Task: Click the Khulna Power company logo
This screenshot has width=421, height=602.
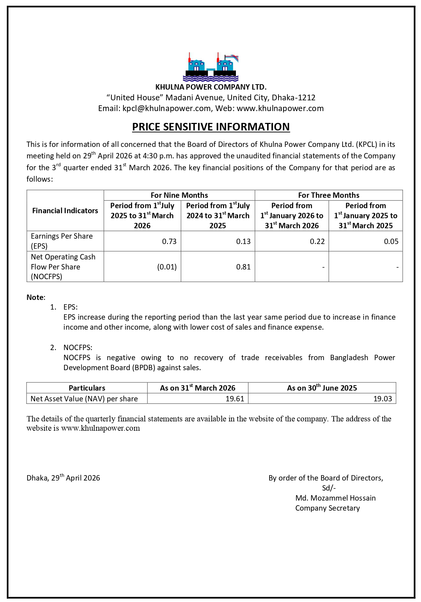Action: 210,67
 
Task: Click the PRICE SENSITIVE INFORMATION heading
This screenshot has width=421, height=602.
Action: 211,127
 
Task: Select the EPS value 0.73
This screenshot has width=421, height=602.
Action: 169,242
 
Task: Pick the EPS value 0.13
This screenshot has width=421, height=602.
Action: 243,242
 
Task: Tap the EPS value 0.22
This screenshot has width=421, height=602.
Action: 317,242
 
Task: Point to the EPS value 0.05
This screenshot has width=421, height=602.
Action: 391,242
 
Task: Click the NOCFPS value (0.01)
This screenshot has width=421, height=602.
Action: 167,267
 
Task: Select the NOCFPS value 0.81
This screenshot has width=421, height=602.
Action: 243,267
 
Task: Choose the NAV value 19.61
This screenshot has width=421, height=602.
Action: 235,399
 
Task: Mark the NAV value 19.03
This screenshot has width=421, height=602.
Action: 383,399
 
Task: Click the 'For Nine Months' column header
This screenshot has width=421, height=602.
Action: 179,195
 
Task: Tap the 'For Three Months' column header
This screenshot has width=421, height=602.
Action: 329,195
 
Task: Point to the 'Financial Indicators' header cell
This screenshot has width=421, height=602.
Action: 65,211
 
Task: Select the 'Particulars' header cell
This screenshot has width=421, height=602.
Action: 87,388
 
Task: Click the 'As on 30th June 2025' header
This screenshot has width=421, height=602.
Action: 322,388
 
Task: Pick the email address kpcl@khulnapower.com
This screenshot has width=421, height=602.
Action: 166,109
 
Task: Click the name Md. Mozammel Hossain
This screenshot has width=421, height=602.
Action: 335,498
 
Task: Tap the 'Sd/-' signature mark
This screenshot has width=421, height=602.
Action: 329,488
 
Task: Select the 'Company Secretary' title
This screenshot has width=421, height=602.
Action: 328,508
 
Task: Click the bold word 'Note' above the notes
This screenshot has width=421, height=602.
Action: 35,297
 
